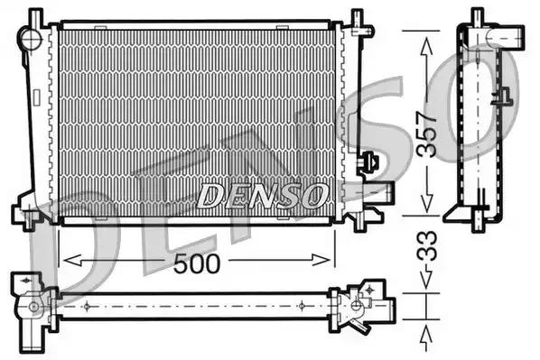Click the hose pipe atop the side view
point(505,37)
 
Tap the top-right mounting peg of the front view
point(358,18)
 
